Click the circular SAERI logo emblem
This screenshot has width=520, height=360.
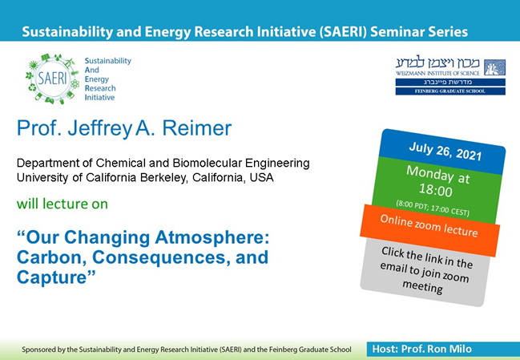tap(50, 79)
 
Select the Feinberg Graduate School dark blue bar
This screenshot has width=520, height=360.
tap(449, 91)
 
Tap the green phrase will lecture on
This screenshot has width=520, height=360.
tap(62, 204)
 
